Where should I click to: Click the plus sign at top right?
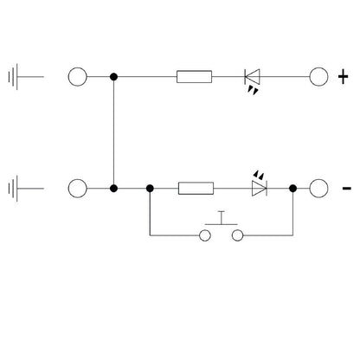(343, 77)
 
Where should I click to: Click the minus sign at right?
(346, 189)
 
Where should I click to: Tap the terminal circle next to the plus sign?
(318, 77)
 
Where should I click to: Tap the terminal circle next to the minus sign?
(318, 189)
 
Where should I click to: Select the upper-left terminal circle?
(77, 77)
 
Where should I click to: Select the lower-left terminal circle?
(77, 189)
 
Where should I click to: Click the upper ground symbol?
(16, 77)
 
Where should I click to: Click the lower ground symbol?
(16, 189)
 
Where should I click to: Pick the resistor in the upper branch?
(194, 77)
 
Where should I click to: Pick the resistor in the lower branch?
(196, 189)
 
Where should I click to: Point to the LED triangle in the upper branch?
(252, 77)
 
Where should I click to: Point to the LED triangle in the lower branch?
(260, 189)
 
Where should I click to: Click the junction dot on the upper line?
(113, 77)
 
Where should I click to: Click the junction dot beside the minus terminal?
(292, 189)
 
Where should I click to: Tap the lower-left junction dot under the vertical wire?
(113, 189)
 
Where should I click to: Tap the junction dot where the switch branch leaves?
(150, 189)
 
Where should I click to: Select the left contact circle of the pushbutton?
(205, 235)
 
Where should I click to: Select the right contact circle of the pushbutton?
(237, 235)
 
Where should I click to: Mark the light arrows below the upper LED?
(253, 91)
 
